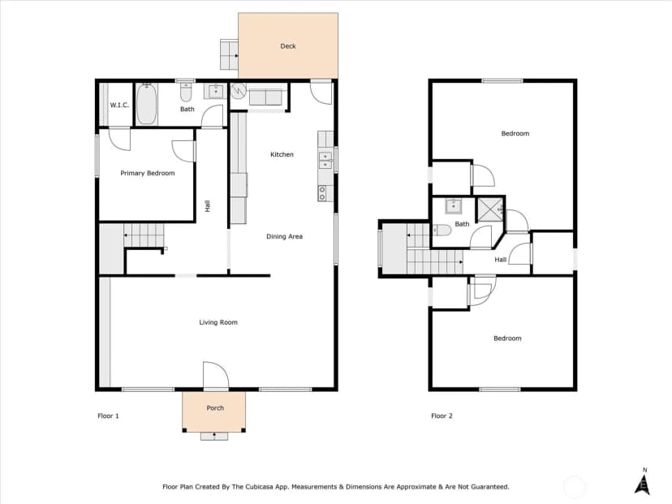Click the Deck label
[x=288, y=46]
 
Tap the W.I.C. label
[x=119, y=105]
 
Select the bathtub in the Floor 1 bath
[x=147, y=104]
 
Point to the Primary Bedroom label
[x=148, y=173]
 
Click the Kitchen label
[x=282, y=154]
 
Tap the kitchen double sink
[x=325, y=160]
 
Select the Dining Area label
[x=285, y=236]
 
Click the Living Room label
[x=218, y=322]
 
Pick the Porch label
[x=215, y=408]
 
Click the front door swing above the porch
[x=216, y=376]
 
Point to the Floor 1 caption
[x=109, y=416]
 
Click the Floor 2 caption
[x=442, y=416]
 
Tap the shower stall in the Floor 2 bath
[x=491, y=209]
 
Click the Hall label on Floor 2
[x=501, y=260]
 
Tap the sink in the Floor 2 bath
[x=454, y=206]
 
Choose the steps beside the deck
[x=230, y=54]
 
